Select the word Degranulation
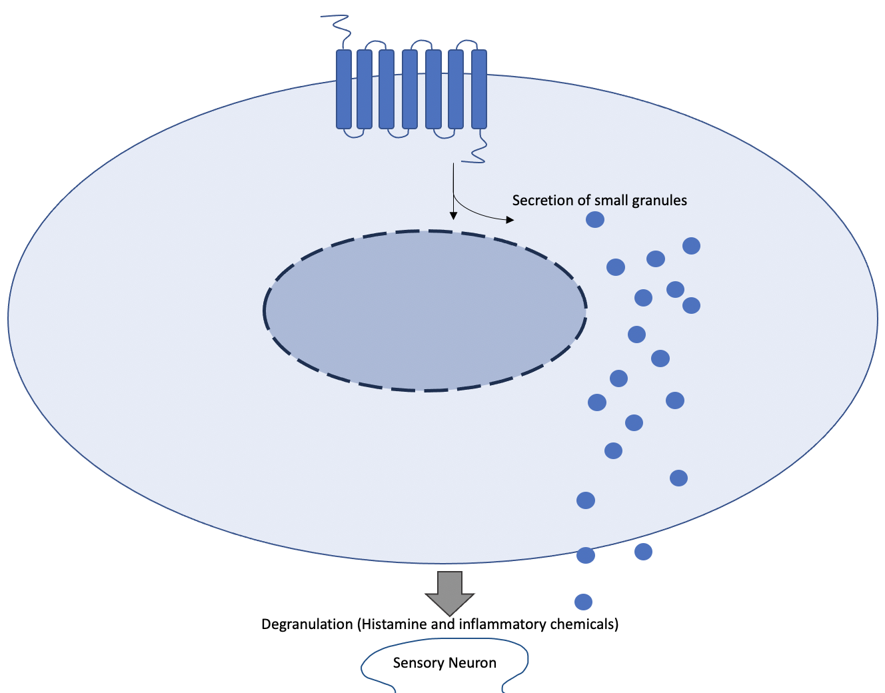click(x=307, y=624)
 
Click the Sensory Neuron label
click(x=444, y=663)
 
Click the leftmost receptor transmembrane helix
click(x=344, y=89)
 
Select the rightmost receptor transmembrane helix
click(x=479, y=89)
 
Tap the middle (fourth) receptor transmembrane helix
click(x=410, y=89)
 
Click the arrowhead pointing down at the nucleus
click(x=454, y=215)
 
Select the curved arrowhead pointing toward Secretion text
click(x=510, y=220)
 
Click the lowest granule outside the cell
click(x=583, y=602)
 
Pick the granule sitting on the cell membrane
click(x=586, y=555)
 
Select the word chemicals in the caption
click(x=584, y=624)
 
